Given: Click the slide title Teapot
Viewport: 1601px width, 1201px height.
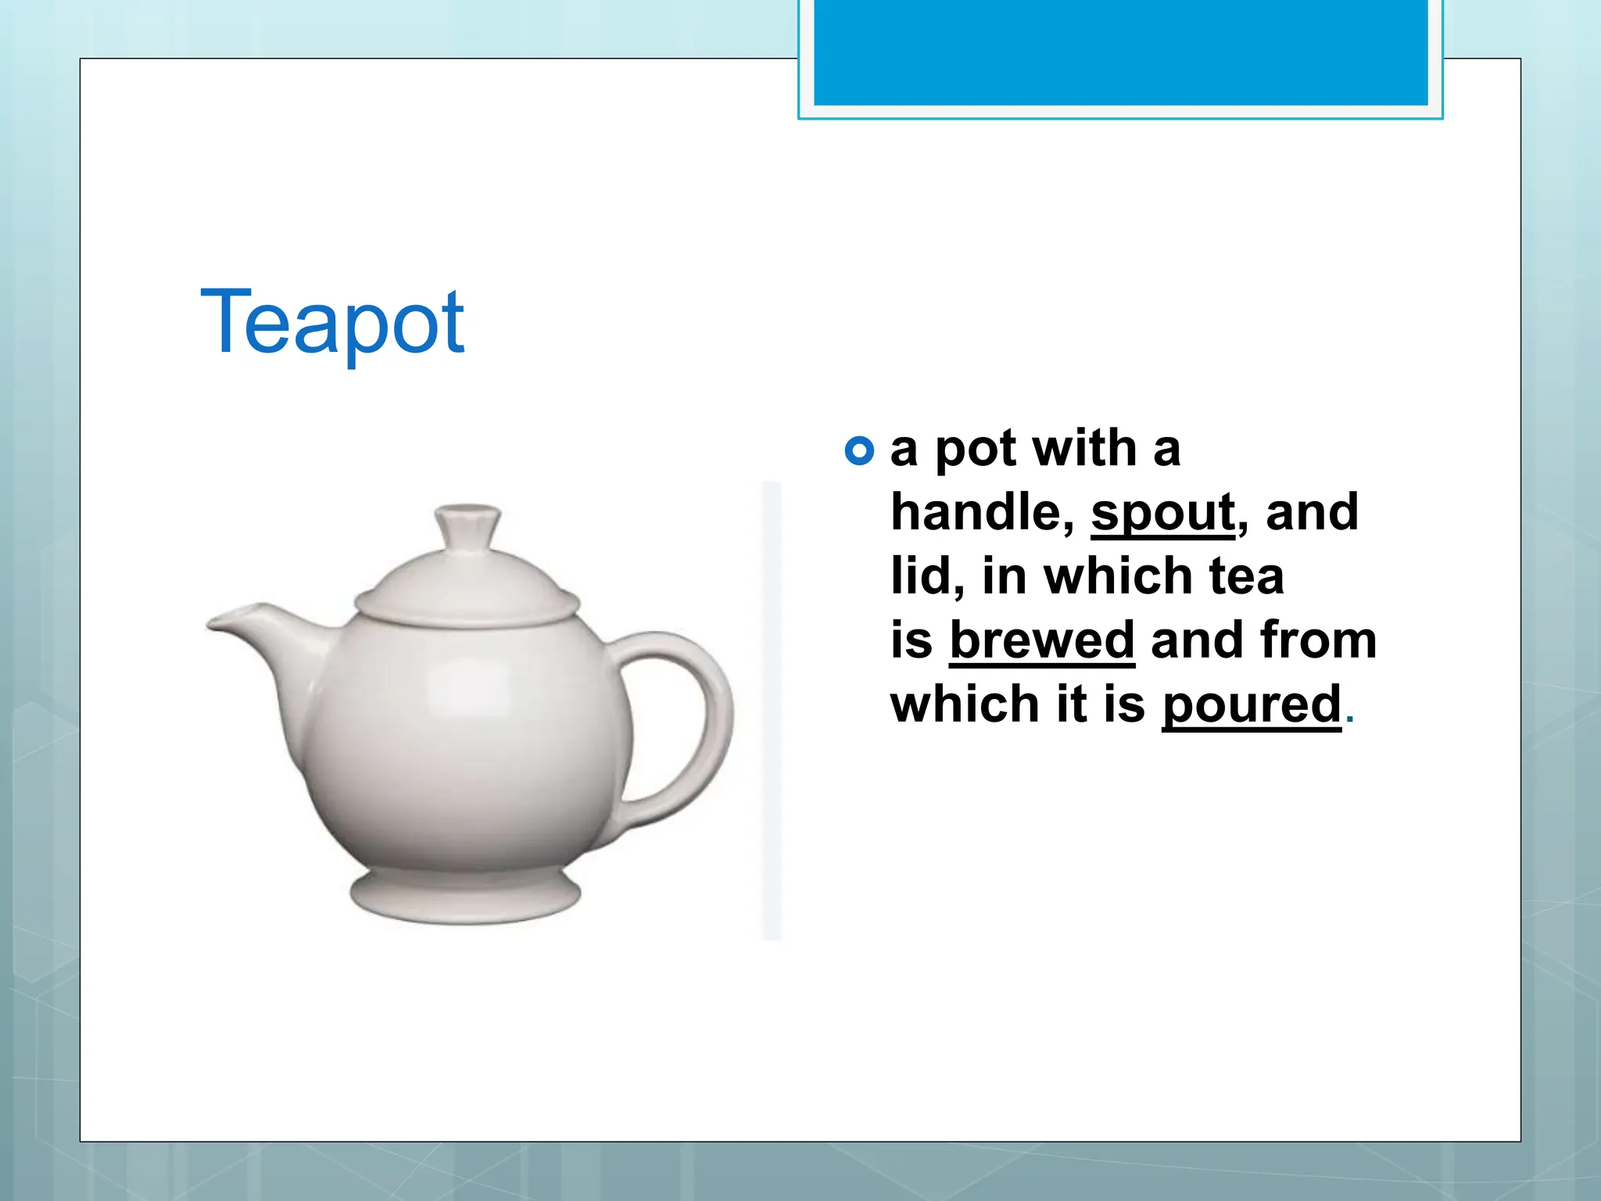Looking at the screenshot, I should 332,322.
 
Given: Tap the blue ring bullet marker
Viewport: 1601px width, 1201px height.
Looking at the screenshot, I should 859,450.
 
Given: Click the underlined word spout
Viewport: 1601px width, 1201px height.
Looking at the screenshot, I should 1163,513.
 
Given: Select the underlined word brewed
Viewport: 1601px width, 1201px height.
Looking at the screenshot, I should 1041,640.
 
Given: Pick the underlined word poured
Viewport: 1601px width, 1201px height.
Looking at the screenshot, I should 1252,704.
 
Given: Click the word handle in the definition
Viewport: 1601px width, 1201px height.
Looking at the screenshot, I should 982,513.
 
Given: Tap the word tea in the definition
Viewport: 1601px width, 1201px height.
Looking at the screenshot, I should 1246,576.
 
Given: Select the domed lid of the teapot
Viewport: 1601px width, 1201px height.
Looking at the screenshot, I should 467,586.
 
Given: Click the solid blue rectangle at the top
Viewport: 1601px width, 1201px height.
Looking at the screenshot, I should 1120,52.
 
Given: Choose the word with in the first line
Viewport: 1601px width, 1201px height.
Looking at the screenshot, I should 1083,449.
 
